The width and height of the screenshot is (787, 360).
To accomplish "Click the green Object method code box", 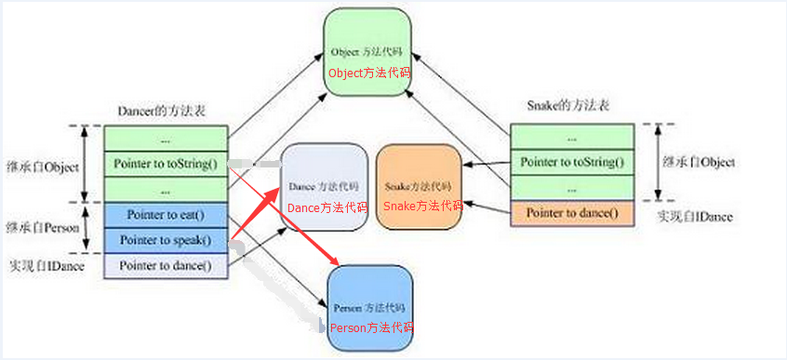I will [367, 51].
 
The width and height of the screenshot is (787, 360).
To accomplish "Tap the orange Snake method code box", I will [419, 186].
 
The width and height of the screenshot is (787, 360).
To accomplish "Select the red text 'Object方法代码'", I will [368, 72].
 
